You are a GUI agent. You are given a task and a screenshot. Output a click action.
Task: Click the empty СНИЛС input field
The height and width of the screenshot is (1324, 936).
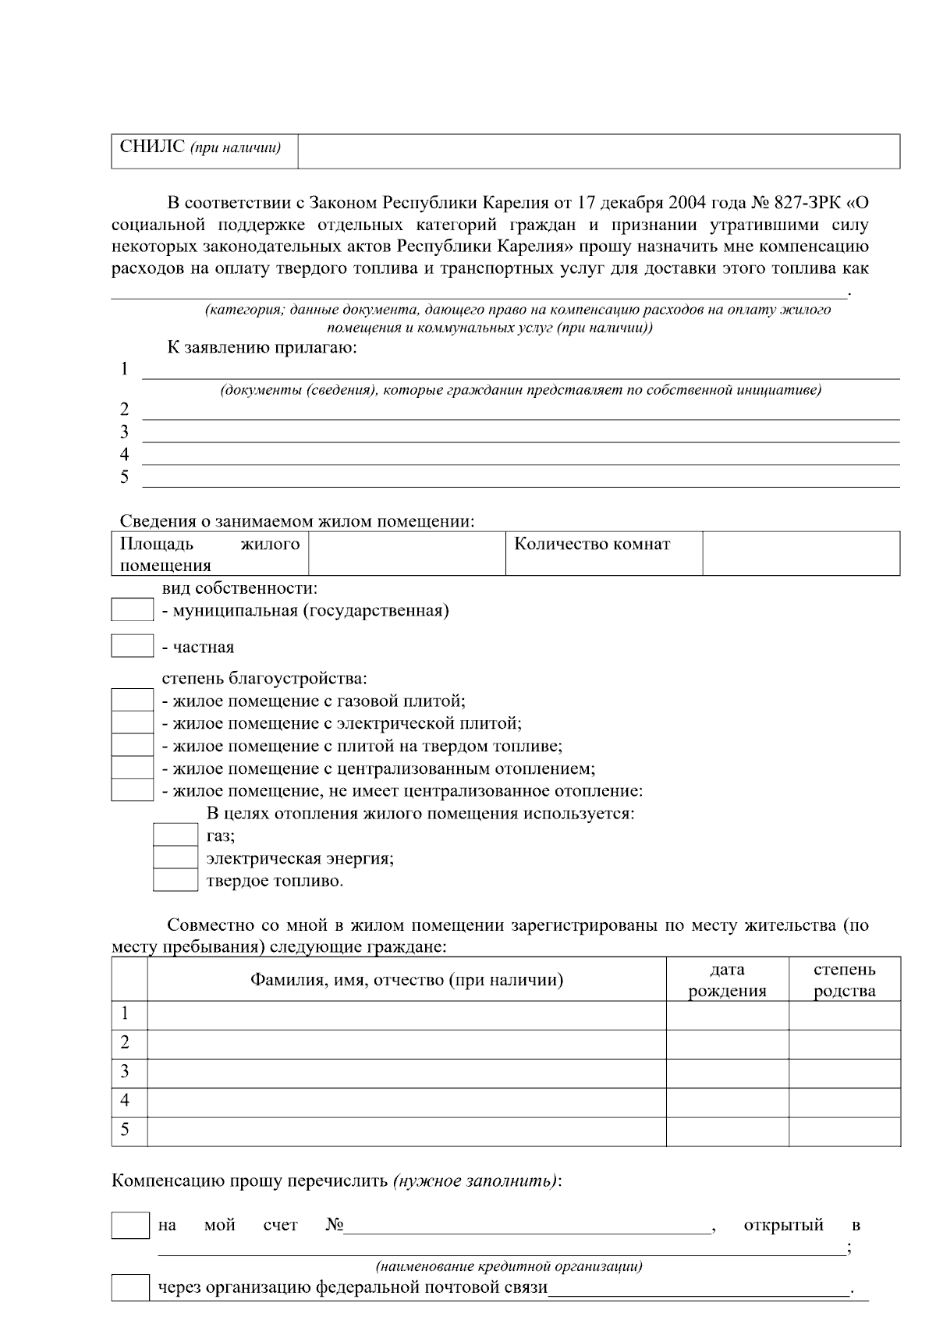[x=598, y=151]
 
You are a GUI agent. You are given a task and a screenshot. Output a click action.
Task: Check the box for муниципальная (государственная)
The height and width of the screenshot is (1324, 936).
[x=132, y=610]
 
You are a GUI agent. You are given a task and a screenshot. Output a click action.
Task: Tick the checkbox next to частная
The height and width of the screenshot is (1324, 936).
[x=132, y=646]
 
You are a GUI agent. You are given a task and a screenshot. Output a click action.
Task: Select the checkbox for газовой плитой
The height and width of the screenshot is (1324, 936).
[x=132, y=700]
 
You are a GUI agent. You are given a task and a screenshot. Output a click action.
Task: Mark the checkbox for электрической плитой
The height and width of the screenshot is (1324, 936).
[x=132, y=722]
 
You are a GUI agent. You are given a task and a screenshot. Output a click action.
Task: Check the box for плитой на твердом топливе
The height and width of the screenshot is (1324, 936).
[x=132, y=745]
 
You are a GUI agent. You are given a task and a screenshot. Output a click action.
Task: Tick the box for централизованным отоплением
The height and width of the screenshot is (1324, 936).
[x=132, y=768]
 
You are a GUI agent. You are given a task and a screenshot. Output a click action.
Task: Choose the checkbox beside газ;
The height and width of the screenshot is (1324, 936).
[x=175, y=835]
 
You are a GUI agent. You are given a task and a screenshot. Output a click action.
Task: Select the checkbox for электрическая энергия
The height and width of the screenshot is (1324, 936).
[x=175, y=857]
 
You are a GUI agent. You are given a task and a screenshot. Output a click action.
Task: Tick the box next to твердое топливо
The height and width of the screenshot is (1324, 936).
[x=175, y=880]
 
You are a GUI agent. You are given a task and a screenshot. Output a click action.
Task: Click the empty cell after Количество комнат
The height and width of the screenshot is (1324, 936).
[x=801, y=553]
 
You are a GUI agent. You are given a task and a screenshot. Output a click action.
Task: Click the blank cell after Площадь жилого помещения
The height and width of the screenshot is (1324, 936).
[x=406, y=553]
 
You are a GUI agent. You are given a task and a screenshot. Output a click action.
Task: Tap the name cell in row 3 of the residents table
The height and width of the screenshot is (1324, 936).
[x=406, y=1073]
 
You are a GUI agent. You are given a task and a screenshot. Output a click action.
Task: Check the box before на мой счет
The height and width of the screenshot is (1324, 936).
[x=130, y=1225]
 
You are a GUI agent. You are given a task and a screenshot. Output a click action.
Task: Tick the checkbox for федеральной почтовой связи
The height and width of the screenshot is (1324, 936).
[x=130, y=1287]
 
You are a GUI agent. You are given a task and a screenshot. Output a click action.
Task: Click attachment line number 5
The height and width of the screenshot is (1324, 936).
[x=519, y=477]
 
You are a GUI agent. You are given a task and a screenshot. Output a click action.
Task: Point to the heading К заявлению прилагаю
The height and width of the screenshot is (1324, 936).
[x=262, y=347]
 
